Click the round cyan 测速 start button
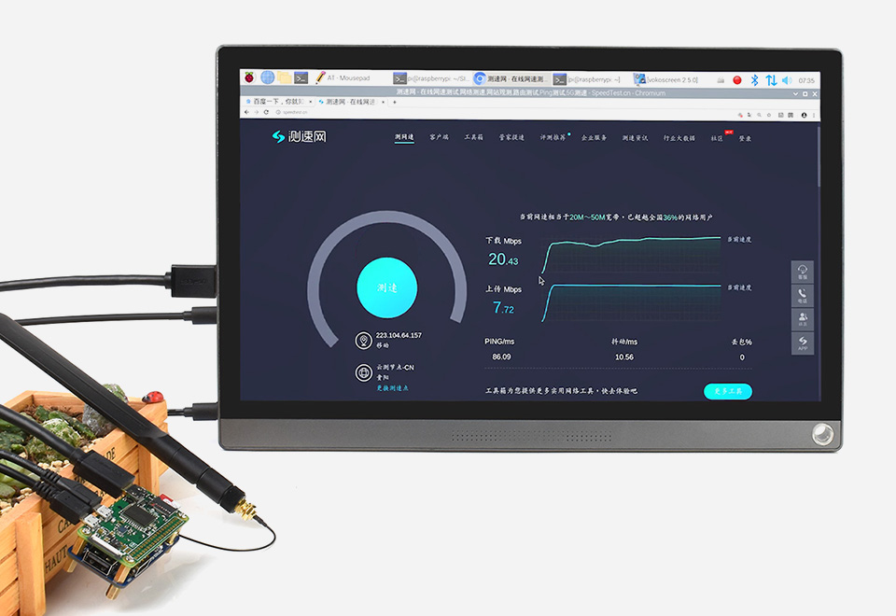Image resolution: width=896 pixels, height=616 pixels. (386, 288)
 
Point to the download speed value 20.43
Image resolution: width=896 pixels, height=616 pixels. (503, 259)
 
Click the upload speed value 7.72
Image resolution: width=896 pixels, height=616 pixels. (503, 307)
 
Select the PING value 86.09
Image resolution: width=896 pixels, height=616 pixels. (501, 357)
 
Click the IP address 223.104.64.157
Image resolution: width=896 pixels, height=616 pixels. (399, 335)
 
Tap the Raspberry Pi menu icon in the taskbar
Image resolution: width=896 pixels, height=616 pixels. (249, 79)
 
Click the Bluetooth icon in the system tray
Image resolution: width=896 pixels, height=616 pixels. (754, 80)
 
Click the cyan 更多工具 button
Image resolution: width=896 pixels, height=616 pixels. (727, 391)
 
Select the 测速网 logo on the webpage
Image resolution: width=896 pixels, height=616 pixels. (299, 137)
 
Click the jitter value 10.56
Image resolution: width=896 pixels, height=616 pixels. (624, 357)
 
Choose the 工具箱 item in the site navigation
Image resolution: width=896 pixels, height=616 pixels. (473, 137)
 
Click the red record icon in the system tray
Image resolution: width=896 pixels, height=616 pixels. (736, 80)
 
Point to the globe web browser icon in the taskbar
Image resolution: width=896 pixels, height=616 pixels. (268, 78)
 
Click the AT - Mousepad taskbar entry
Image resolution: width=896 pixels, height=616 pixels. (345, 79)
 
